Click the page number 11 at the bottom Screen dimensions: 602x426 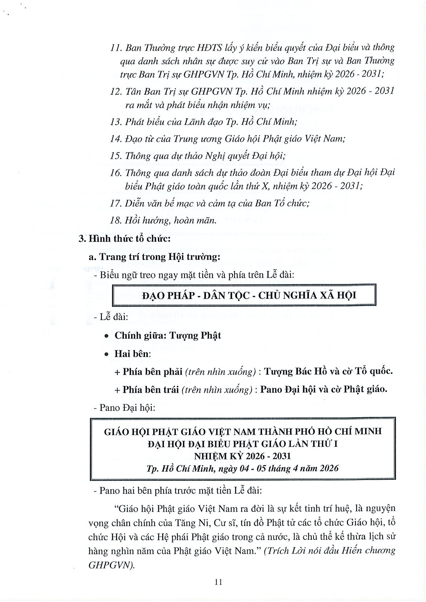[x=218, y=582]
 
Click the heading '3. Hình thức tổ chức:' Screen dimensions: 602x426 [x=124, y=239]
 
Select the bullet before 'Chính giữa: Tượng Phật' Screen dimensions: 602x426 [x=106, y=336]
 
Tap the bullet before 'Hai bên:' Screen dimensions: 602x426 [x=106, y=354]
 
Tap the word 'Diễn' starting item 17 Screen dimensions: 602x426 [x=134, y=203]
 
